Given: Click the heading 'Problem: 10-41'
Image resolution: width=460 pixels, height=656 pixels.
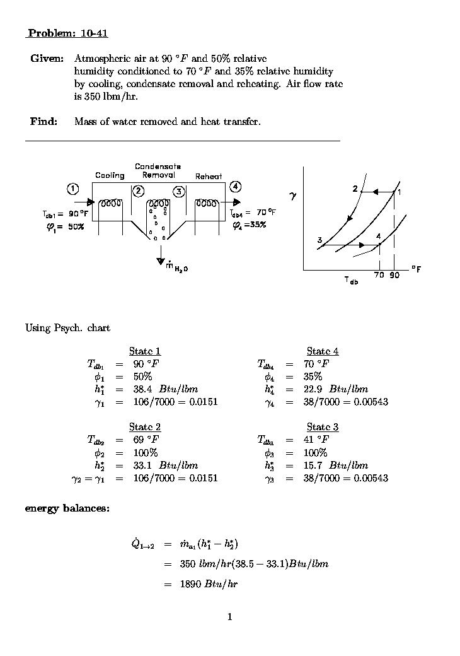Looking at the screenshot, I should (63, 33).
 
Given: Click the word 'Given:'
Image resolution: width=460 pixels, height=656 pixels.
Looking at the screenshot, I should (47, 59).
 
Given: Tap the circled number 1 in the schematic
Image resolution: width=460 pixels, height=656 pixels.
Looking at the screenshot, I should (74, 188).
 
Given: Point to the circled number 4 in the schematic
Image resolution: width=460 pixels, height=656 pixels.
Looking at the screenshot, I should (235, 186).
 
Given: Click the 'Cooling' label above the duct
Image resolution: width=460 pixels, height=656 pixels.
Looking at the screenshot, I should (110, 175).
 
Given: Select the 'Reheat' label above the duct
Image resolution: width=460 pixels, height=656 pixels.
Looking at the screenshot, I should (209, 177).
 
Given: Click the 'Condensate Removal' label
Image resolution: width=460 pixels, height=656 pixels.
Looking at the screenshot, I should (158, 171).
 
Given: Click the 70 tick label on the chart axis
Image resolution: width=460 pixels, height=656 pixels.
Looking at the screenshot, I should (379, 276).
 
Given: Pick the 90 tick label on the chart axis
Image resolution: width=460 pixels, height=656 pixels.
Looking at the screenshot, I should (394, 276).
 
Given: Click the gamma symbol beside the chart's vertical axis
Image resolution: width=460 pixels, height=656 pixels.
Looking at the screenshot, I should (293, 197).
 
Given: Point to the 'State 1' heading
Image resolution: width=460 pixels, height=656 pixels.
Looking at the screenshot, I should (145, 351).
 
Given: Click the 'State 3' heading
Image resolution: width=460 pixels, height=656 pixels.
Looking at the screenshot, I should (323, 427).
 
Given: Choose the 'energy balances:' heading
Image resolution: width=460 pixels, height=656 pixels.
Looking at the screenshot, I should (67, 508).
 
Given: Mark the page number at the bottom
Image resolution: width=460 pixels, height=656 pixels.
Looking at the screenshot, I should (230, 616).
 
